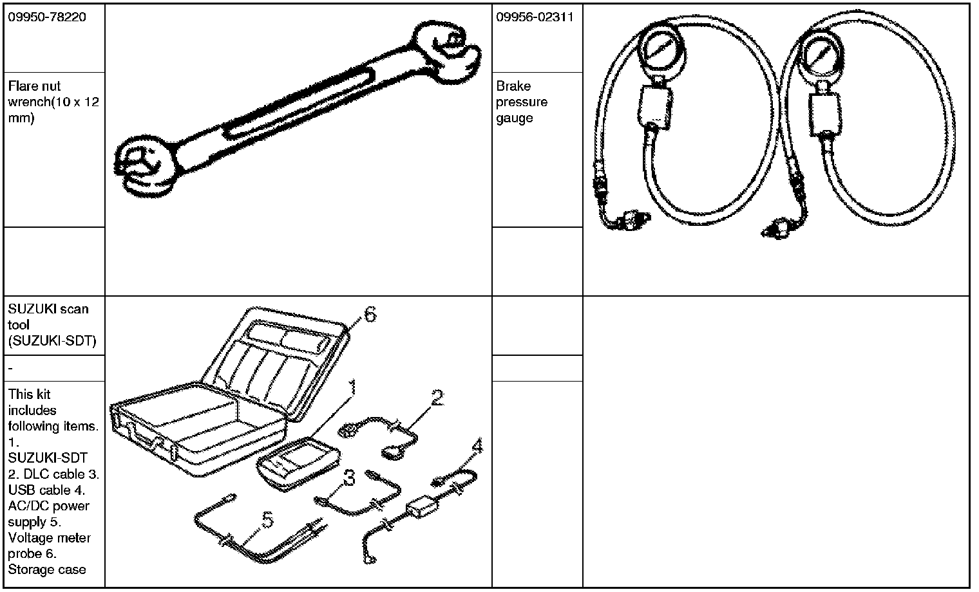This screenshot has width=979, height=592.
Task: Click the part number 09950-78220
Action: (46, 17)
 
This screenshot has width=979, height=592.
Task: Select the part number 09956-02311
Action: (535, 17)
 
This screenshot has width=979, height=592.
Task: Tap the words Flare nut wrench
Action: (45, 94)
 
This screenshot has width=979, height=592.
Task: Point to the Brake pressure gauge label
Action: (522, 102)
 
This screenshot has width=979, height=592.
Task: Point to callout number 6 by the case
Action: (370, 314)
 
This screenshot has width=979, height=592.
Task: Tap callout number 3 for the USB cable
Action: (349, 478)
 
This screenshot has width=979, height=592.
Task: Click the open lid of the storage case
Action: (277, 357)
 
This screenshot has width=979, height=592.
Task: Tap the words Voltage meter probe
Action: (49, 546)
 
